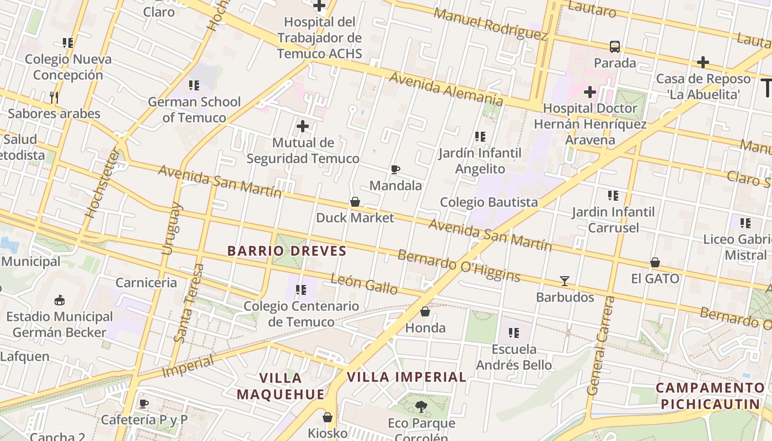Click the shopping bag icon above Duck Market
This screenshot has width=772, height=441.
[x=355, y=202]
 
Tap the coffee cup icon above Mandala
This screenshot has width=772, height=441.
[x=395, y=169]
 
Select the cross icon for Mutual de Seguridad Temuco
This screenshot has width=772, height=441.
[x=302, y=126]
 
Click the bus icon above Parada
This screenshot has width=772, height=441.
[x=615, y=47]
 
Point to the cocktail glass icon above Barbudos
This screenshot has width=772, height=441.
[x=565, y=281]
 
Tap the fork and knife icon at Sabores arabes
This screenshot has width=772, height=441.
[x=54, y=98]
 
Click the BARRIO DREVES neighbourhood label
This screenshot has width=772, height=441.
[x=287, y=251]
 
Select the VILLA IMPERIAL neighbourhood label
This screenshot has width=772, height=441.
[x=406, y=377]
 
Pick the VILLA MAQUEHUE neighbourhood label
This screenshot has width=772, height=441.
[x=281, y=386]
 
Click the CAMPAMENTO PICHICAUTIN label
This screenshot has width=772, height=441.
[x=710, y=396]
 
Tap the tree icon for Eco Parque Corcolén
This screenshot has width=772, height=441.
[x=421, y=407]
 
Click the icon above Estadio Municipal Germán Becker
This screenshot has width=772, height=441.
[x=59, y=300]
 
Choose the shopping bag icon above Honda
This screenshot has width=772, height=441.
[x=425, y=312]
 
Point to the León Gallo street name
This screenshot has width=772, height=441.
[x=364, y=284]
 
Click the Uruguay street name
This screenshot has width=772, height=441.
[x=171, y=228]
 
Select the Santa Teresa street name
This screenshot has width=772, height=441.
[x=189, y=303]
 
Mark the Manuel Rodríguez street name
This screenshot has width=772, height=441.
[x=490, y=24]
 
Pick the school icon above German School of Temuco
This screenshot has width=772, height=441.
[x=194, y=85]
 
